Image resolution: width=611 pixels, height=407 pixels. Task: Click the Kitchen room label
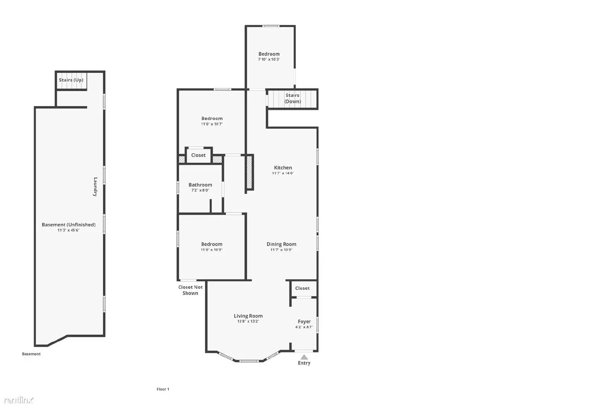click(x=283, y=168)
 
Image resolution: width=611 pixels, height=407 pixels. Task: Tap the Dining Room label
click(x=281, y=244)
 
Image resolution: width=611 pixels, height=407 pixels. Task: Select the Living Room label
click(x=248, y=316)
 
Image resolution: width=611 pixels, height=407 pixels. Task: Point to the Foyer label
click(x=304, y=322)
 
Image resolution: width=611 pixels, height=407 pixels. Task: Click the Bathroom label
click(x=200, y=185)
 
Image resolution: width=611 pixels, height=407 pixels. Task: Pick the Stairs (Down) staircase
click(x=293, y=99)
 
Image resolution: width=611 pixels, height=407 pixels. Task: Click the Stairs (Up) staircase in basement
click(x=71, y=80)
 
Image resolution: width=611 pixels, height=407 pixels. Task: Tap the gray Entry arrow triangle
click(x=304, y=357)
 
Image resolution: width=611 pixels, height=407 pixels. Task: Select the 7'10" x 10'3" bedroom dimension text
click(x=269, y=60)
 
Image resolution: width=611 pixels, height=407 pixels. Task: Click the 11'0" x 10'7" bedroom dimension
click(x=212, y=124)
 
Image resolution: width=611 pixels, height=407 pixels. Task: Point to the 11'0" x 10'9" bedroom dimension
click(x=212, y=250)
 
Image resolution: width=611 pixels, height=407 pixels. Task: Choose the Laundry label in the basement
click(x=95, y=187)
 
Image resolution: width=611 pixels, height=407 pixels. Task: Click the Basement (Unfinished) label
click(x=69, y=225)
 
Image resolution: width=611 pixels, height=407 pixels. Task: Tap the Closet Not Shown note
click(x=191, y=290)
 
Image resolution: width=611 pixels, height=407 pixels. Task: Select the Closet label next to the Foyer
click(x=302, y=288)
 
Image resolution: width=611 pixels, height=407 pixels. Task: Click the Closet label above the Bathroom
click(x=199, y=155)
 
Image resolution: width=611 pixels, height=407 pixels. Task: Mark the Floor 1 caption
click(x=163, y=389)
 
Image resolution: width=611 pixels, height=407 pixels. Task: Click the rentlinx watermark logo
click(x=18, y=400)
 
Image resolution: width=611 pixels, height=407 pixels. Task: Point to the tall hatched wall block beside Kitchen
click(x=249, y=172)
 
